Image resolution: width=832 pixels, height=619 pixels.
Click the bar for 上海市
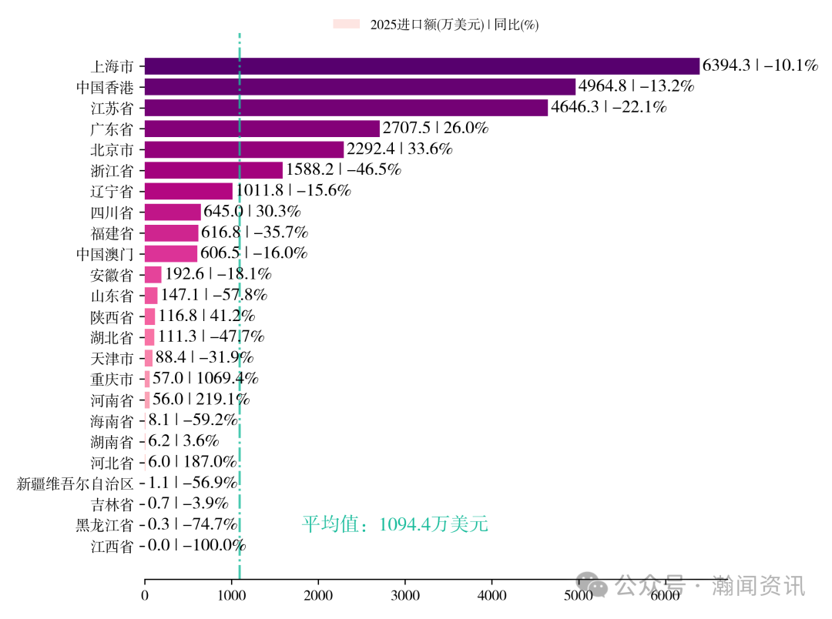coord(421,66)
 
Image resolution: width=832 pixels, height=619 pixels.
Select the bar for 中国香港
coord(360,87)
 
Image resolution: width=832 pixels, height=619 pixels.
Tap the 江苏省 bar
coord(346,108)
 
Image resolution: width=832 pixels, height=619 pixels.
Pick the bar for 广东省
coord(262,129)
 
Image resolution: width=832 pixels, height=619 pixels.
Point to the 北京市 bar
coord(244,149)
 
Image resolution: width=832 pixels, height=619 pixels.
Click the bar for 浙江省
coord(213,170)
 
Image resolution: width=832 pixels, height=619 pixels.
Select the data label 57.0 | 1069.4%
coord(205,379)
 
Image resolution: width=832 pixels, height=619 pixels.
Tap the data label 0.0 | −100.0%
coord(196,546)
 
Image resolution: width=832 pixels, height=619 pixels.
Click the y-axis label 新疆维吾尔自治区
coord(75,483)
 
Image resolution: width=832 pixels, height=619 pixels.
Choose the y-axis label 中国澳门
coord(105,254)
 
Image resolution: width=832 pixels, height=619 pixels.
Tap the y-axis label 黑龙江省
coord(105,525)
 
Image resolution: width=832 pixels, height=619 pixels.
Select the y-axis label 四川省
coord(112,212)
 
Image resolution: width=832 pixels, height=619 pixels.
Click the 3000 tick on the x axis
coord(405,595)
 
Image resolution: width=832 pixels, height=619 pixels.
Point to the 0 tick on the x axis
coord(145,595)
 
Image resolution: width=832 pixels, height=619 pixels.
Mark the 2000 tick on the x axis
coord(318,595)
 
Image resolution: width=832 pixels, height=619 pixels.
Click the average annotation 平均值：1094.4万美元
coord(395,525)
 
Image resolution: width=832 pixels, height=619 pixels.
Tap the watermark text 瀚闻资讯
coord(759,586)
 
